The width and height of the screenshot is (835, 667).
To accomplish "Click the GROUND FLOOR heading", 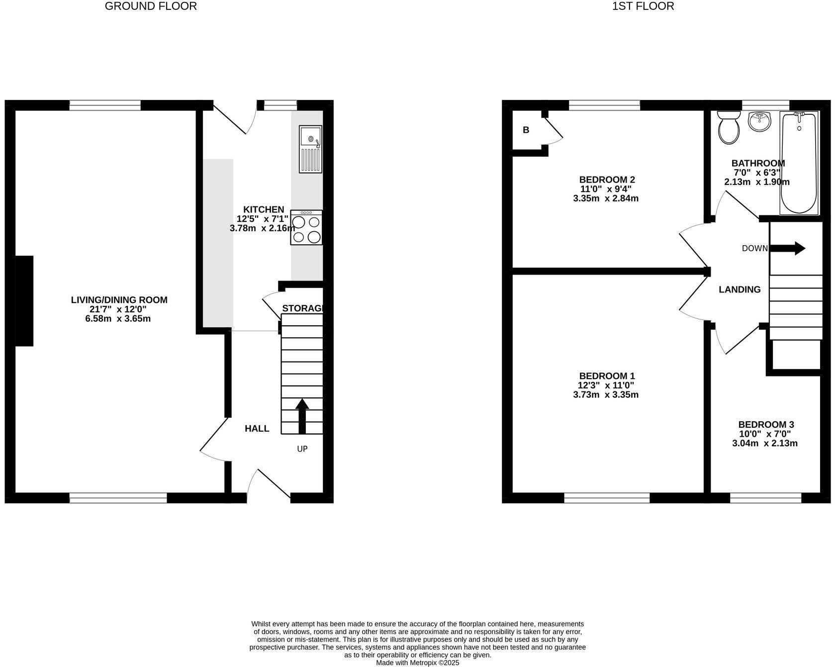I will click(151, 6).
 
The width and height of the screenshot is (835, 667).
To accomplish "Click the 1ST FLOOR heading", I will click(643, 6).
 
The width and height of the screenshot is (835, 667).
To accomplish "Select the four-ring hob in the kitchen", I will click(306, 227).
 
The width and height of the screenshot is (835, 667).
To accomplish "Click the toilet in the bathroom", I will click(729, 127).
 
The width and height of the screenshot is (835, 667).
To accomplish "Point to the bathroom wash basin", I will click(759, 122).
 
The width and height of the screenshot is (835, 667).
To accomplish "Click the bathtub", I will click(799, 164).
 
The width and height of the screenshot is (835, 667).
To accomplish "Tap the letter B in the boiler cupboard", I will click(526, 130).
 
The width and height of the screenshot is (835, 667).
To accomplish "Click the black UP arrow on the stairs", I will click(302, 416).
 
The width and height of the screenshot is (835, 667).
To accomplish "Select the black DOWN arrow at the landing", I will click(788, 248).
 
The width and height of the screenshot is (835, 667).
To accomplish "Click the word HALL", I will click(257, 429).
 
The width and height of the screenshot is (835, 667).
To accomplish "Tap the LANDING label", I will click(740, 289).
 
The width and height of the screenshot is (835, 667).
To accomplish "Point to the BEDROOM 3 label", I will click(766, 424).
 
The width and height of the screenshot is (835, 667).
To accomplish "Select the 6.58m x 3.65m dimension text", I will click(118, 319).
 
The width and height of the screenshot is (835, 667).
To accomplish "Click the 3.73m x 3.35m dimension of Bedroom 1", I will click(606, 395).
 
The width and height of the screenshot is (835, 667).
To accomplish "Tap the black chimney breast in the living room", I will click(24, 301).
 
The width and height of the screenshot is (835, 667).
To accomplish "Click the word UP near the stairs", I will click(302, 449).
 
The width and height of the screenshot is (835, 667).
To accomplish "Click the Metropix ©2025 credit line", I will click(417, 663).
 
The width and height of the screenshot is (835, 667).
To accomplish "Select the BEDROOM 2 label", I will click(607, 180).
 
